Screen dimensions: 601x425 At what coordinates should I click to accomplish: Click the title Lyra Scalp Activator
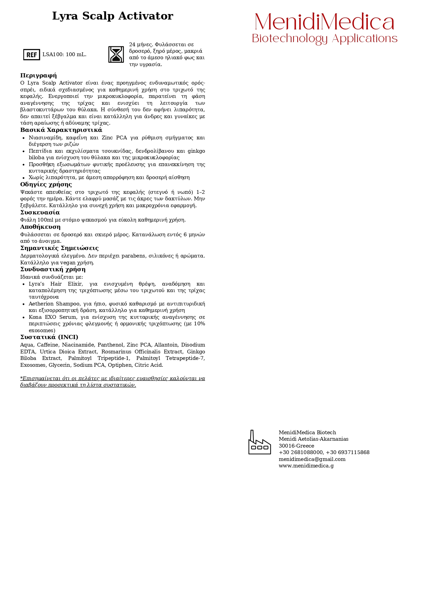[112, 16]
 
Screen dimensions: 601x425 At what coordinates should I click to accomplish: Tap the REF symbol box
[32, 54]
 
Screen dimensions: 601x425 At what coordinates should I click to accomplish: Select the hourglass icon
[116, 54]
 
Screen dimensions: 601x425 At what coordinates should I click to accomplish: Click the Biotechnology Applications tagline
[324, 38]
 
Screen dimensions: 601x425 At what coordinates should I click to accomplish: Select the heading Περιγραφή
[38, 75]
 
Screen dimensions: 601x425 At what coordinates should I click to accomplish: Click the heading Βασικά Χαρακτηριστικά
[61, 130]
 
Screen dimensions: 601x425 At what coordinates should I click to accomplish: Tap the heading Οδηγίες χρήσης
[46, 184]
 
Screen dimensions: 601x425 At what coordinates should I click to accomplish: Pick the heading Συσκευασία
[40, 212]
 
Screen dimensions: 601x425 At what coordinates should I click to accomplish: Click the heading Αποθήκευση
[40, 227]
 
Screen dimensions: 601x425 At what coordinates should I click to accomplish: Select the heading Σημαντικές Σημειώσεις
[59, 248]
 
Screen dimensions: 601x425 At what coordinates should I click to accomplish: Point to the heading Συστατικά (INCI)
[49, 337]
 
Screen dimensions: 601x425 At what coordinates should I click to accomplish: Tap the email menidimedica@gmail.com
[312, 459]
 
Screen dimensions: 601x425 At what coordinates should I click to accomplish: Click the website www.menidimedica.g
[306, 466]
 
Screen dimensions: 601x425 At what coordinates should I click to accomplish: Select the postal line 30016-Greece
[296, 446]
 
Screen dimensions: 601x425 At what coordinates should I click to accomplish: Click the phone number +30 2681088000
[301, 452]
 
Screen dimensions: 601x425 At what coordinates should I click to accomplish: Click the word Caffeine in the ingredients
[47, 345]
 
